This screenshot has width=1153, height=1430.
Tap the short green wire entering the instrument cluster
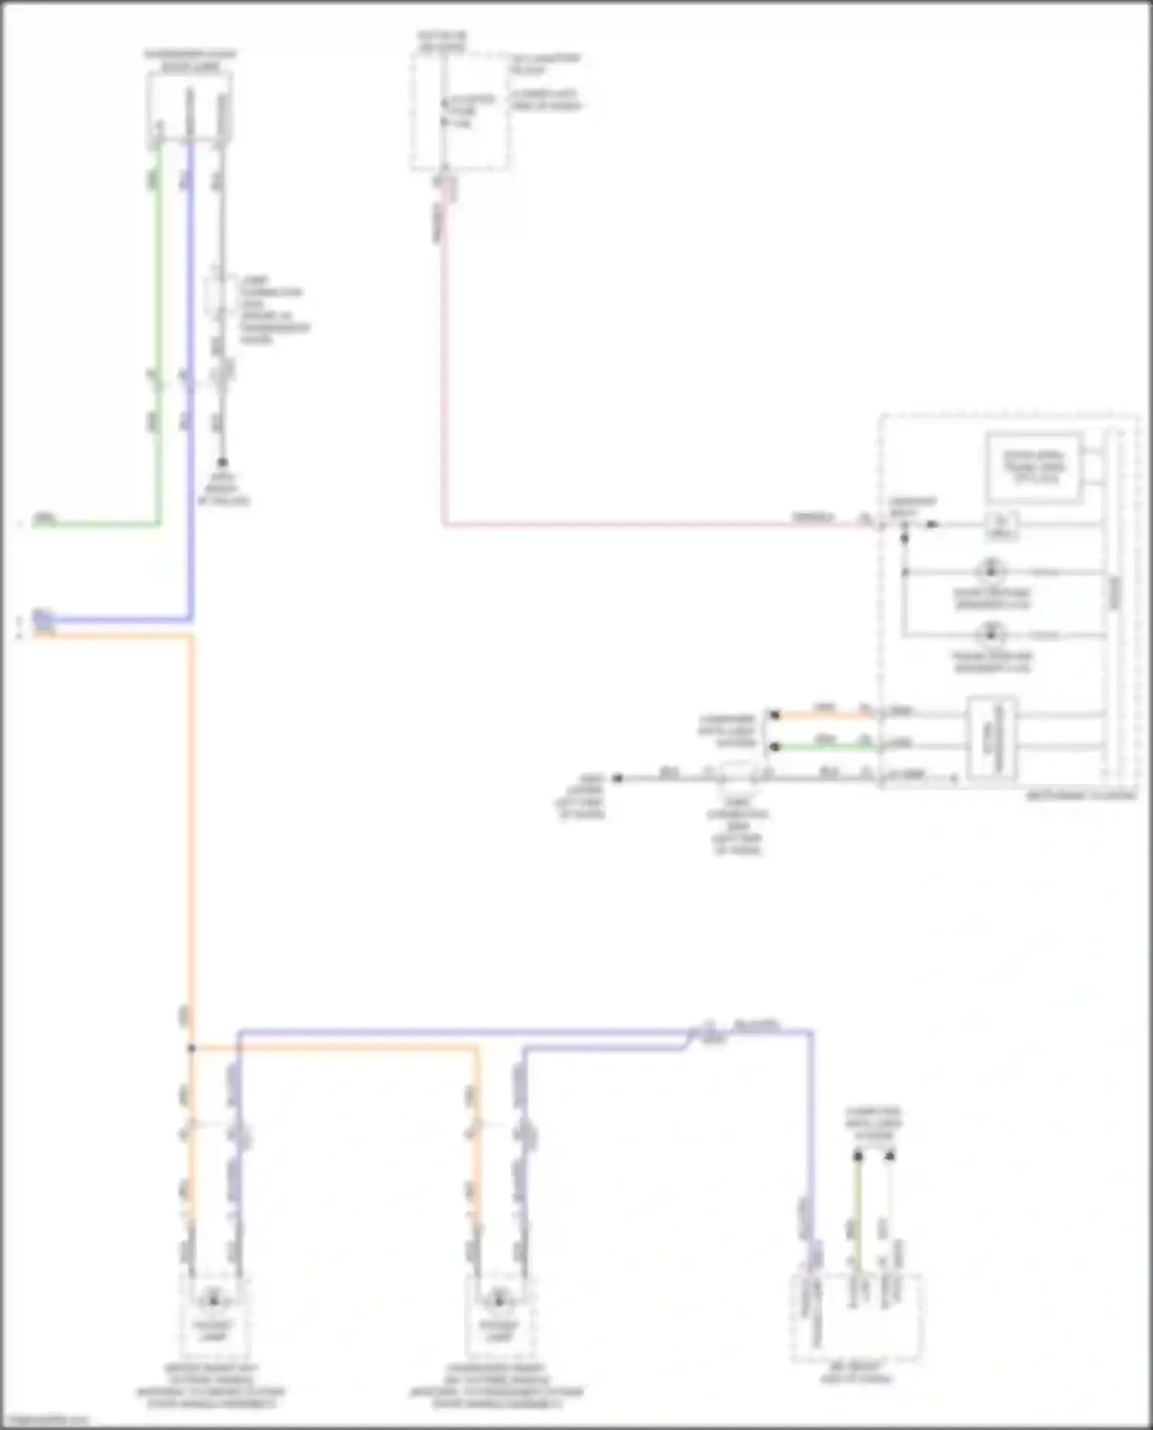tap(822, 745)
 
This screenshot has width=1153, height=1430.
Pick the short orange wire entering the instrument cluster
tap(822, 715)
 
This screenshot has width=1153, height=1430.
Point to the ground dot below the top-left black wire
tap(222, 463)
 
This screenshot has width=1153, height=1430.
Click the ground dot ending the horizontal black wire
tap(617, 778)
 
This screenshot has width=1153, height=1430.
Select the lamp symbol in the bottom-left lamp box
tap(212, 1300)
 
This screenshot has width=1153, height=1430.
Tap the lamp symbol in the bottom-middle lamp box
tap(498, 1300)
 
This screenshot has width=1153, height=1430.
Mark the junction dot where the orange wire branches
tap(191, 1048)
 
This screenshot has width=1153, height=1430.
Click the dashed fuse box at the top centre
tap(460, 111)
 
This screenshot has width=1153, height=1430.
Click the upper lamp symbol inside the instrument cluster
tap(990, 572)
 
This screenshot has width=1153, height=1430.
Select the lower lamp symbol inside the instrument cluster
tap(990, 635)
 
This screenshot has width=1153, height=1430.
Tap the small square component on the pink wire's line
tap(1002, 525)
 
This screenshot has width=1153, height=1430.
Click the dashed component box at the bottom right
tap(856, 1318)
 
